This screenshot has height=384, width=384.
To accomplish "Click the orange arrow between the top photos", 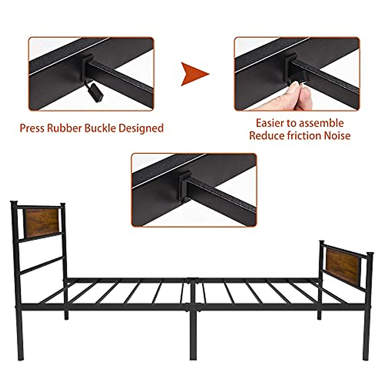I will [x=194, y=74].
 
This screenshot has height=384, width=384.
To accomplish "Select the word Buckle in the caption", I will [x=100, y=128].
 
